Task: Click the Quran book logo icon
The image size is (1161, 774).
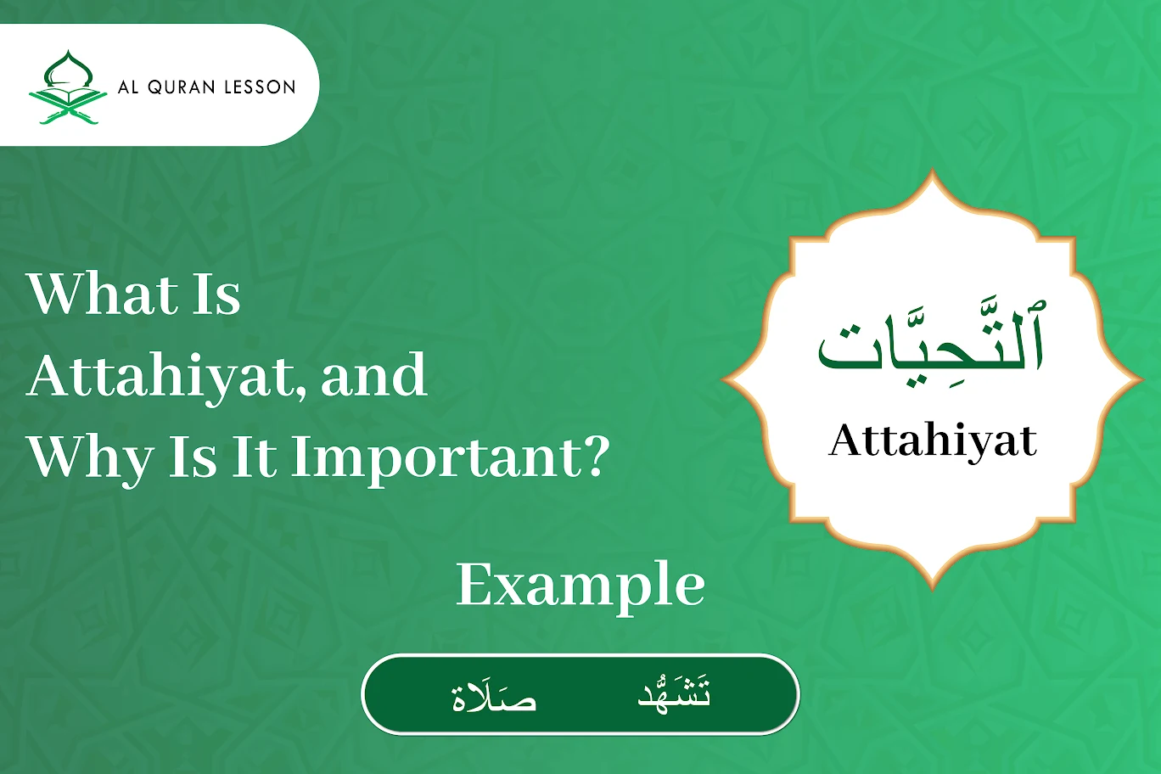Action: point(68,87)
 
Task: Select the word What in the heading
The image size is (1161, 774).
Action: point(102,294)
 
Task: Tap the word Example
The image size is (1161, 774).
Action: point(580,586)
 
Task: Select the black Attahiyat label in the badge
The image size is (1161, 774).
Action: point(933,440)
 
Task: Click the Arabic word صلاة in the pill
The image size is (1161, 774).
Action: point(494,696)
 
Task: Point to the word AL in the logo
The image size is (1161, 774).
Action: point(128,87)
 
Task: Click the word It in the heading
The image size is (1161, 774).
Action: point(254,457)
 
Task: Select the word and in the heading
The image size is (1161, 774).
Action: point(374,376)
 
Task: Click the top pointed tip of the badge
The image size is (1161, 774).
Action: point(933,174)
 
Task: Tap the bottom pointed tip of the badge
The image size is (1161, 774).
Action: point(933,586)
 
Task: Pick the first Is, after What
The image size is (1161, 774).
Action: point(216,294)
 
